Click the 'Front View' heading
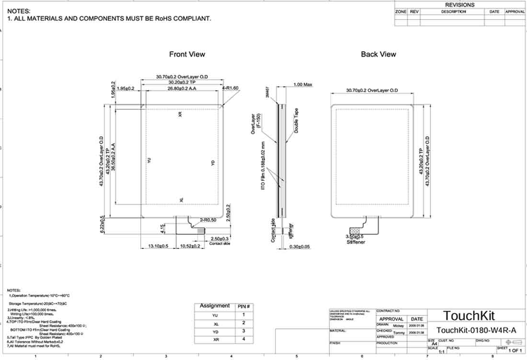(187, 54)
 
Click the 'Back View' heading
(378, 54)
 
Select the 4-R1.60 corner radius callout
(230, 88)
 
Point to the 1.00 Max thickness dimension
(302, 84)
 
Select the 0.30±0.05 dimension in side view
(300, 246)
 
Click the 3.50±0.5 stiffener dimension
(355, 237)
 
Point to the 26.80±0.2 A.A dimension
(182, 88)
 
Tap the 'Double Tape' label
(297, 121)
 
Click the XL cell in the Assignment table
(215, 324)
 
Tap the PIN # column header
(244, 306)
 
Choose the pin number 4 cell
(244, 339)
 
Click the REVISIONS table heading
(459, 5)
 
